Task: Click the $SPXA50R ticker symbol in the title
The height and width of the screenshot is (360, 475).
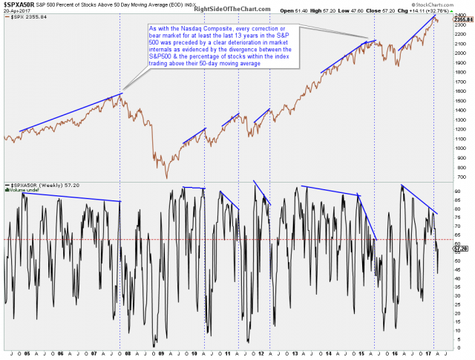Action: (x=18, y=5)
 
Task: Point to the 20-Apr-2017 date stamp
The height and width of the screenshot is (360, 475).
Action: (x=16, y=12)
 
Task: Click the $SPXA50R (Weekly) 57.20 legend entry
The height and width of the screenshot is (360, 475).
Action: (x=40, y=185)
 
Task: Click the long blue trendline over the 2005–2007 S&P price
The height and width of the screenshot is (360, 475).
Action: (x=71, y=113)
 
